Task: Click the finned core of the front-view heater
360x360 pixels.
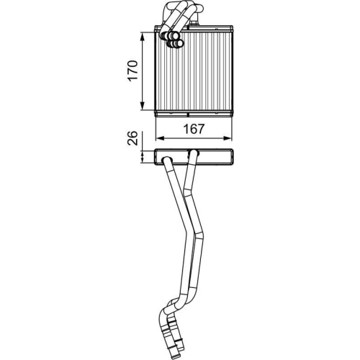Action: (205, 72)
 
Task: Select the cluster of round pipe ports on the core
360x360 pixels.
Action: (173, 40)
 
